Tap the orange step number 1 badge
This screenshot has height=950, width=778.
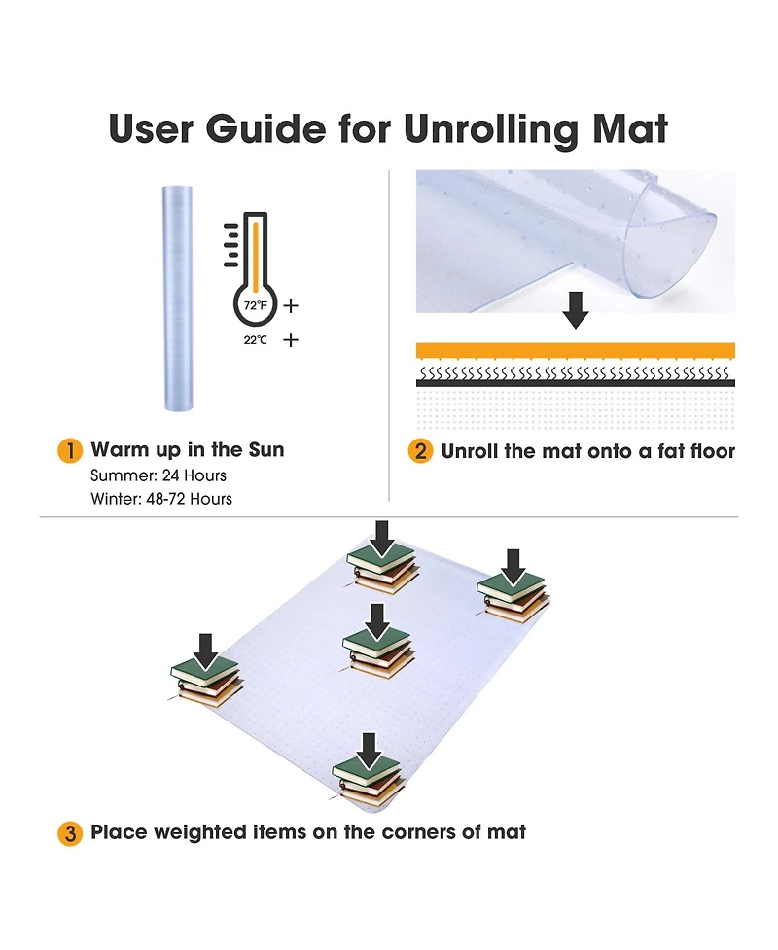(x=70, y=451)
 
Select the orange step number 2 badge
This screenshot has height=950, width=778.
(x=420, y=451)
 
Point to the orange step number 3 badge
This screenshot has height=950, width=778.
(x=70, y=833)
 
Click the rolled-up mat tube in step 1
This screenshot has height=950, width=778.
(x=178, y=299)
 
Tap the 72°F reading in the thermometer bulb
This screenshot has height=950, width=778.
(x=255, y=305)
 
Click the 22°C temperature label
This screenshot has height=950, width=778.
(x=255, y=340)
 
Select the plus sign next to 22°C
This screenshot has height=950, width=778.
(x=291, y=339)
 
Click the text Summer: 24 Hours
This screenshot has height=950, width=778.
(x=159, y=475)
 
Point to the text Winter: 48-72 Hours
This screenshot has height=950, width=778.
(x=161, y=499)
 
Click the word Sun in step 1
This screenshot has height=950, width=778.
(x=266, y=449)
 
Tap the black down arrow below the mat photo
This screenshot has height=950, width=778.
(x=576, y=309)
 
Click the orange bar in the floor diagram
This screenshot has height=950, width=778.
(x=576, y=350)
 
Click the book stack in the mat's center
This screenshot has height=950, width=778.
(x=378, y=652)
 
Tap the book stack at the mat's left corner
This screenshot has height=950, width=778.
(x=206, y=682)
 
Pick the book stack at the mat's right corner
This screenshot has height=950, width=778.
(x=513, y=597)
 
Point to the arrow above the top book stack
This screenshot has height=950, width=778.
(x=382, y=539)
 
